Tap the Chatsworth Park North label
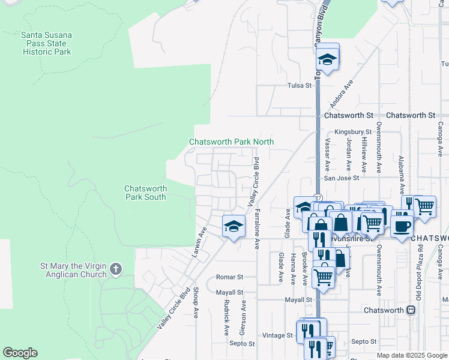[231, 142]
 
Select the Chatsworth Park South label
[145, 192]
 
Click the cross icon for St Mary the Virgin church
[116, 270]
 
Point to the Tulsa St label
[300, 85]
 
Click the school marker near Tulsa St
[327, 59]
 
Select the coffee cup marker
[402, 226]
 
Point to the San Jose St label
[342, 178]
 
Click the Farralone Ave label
[257, 229]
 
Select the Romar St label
[229, 277]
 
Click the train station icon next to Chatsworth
[411, 310]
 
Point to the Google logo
[20, 353]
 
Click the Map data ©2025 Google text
[411, 355]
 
